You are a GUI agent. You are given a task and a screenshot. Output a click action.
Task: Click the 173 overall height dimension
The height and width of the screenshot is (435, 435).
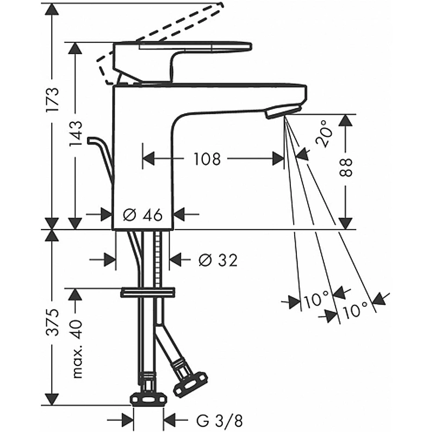tap(53, 100)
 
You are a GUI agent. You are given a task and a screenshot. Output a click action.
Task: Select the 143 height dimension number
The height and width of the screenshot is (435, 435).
tap(75, 133)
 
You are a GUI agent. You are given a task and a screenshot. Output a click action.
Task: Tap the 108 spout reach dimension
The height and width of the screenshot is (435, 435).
tap(207, 159)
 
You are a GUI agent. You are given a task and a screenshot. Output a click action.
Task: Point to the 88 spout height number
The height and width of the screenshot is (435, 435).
tap(346, 167)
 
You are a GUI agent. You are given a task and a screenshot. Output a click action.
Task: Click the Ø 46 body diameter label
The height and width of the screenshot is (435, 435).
tap(142, 215)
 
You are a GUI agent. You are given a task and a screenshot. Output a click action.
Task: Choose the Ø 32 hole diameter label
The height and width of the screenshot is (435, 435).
tap(219, 260)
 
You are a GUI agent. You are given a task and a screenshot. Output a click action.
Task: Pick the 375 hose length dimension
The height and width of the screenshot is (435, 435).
tap(53, 322)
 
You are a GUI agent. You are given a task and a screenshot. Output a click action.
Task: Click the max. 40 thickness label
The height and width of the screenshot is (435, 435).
tap(77, 349)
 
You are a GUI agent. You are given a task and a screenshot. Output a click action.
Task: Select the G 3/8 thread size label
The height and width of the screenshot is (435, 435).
tap(220, 421)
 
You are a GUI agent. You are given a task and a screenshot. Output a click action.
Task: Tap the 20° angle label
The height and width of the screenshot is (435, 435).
tap(324, 134)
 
